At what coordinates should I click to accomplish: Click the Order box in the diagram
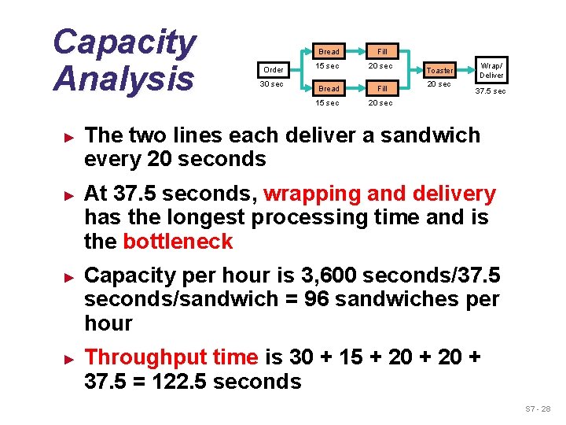click(x=274, y=70)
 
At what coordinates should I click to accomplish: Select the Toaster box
click(x=439, y=70)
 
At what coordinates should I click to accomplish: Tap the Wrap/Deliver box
click(x=491, y=70)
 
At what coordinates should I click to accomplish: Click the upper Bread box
click(x=329, y=52)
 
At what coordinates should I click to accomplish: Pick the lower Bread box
click(x=329, y=89)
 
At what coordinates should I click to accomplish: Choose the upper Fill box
click(x=382, y=52)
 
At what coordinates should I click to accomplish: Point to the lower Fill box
click(x=382, y=89)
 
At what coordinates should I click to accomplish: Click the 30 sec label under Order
click(x=272, y=84)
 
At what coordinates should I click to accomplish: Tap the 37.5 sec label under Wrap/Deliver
click(x=491, y=91)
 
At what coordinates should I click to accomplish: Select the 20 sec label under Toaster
click(x=439, y=84)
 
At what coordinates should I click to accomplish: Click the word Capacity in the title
click(x=124, y=42)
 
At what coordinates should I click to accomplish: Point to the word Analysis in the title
click(x=123, y=79)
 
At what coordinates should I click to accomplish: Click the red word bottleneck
click(x=178, y=241)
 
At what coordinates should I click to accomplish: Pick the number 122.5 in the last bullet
click(x=175, y=382)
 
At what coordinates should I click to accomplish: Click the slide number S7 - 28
click(x=538, y=409)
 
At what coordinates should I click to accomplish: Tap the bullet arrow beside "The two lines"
click(x=68, y=135)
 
